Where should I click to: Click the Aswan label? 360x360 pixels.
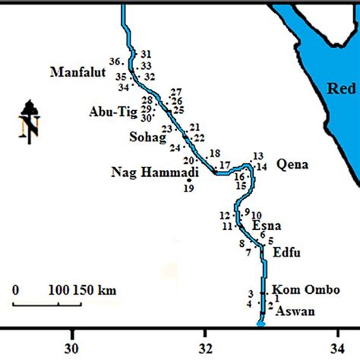coord(294,311)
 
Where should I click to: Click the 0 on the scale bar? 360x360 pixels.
coord(16,289)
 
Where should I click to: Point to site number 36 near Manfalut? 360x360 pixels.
coord(115,61)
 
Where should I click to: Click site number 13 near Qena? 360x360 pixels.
coord(257,156)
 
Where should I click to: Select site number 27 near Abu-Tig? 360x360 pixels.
coord(177,92)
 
